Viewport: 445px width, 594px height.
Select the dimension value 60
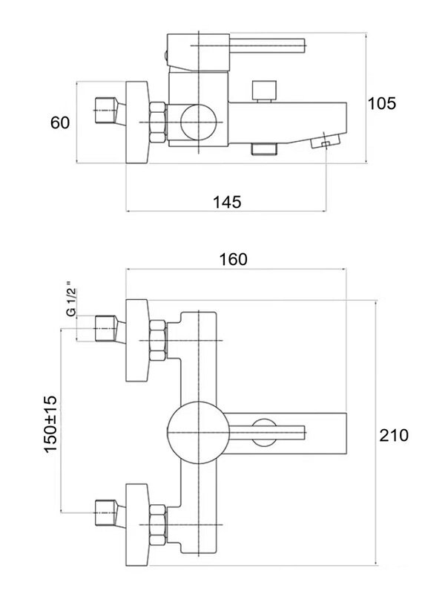point(60,123)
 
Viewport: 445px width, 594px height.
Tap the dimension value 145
point(226,202)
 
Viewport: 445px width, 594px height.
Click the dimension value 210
point(393,436)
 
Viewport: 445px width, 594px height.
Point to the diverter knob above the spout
point(263,91)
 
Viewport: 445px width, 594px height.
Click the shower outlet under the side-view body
point(264,149)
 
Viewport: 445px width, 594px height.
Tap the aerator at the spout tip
point(326,140)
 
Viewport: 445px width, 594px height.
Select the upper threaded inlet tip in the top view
point(108,327)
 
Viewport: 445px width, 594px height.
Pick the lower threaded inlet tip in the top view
point(108,514)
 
